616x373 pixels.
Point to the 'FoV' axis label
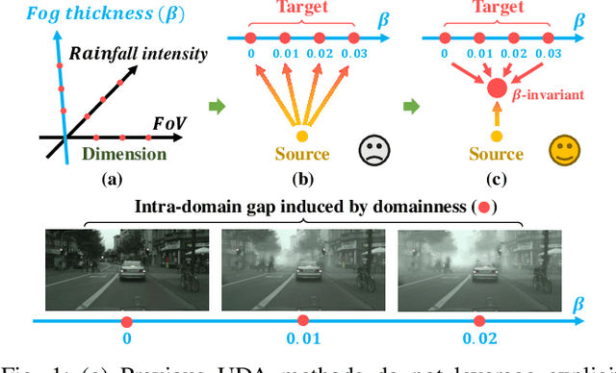coord(170,124)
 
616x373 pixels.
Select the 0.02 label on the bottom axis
coord(478,338)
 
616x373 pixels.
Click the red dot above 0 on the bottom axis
coord(127,319)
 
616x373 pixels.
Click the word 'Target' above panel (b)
coord(303,9)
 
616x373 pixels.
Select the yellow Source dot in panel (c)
coord(497,136)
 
